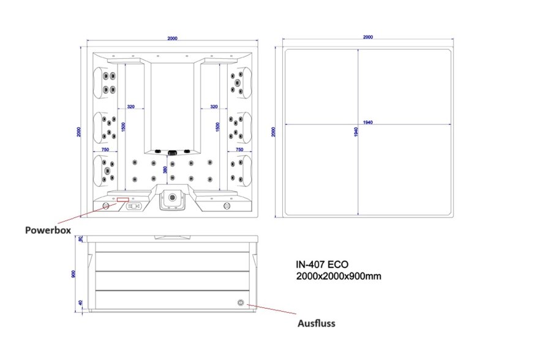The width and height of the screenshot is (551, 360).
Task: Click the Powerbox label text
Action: click(x=48, y=230)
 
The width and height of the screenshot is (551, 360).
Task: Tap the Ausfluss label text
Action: click(x=317, y=323)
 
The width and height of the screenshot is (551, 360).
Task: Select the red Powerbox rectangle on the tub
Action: click(x=123, y=199)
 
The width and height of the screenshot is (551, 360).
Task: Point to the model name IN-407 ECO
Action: click(x=322, y=265)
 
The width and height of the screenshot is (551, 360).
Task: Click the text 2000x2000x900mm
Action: click(x=339, y=276)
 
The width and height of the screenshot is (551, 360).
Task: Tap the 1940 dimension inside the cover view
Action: click(x=367, y=122)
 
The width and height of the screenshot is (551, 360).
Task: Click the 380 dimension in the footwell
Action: click(x=165, y=169)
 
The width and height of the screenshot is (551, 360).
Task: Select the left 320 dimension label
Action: click(x=131, y=107)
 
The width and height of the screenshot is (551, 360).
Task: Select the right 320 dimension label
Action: click(x=214, y=107)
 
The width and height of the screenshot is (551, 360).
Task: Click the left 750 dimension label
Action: click(x=105, y=149)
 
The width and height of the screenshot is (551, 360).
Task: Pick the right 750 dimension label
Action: click(x=239, y=149)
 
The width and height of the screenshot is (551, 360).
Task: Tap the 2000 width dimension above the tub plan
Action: click(x=172, y=39)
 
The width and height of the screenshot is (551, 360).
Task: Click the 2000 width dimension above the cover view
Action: click(x=367, y=37)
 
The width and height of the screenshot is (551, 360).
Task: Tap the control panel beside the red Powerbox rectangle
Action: click(x=135, y=206)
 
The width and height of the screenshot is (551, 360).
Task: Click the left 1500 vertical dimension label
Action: click(x=124, y=127)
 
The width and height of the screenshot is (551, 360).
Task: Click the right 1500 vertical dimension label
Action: click(x=219, y=127)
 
